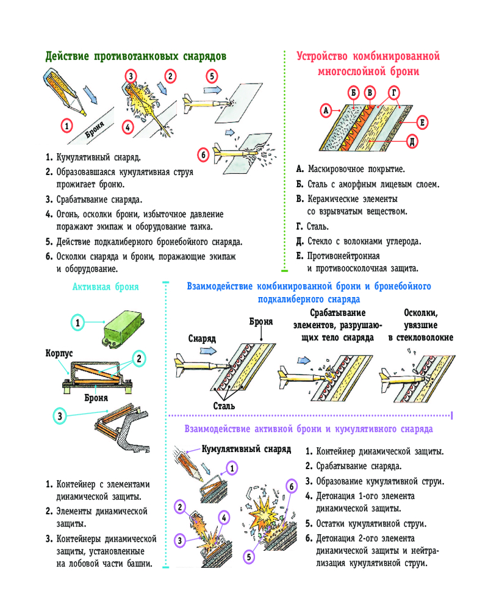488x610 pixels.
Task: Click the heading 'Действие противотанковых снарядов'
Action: coord(136,57)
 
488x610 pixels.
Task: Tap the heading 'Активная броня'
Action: coord(106,287)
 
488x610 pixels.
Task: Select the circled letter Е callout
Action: coord(422,123)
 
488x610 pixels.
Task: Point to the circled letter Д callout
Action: coord(412,142)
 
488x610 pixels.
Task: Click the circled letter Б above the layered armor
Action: coord(354,93)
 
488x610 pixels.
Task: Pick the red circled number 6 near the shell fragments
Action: coord(204,155)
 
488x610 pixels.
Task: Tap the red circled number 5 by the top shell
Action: coord(211,77)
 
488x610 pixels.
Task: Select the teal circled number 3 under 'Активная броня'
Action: coord(60,416)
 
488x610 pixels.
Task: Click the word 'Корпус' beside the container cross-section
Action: coord(59,353)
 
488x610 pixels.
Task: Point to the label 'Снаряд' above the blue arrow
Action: coord(201,338)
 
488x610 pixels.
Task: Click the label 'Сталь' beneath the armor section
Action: coord(224,405)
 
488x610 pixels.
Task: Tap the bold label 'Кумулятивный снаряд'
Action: coord(246,449)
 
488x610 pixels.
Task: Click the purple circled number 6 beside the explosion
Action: coord(291,486)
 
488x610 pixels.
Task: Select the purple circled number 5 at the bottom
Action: coord(249,556)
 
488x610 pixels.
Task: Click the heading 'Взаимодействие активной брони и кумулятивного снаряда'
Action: coord(309,429)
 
